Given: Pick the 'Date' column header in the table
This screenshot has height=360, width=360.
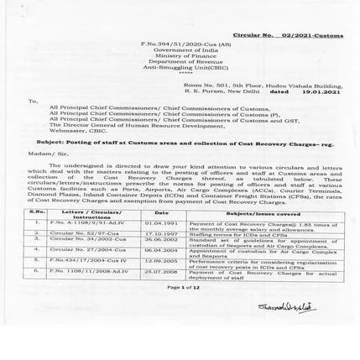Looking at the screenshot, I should [x=159, y=213].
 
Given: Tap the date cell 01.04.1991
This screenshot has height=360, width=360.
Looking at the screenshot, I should [x=159, y=224].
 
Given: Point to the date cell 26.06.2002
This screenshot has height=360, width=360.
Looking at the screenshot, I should [x=159, y=239].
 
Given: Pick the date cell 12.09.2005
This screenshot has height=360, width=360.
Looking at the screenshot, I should [x=159, y=260].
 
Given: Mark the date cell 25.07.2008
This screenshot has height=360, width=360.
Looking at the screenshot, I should [x=159, y=272].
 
